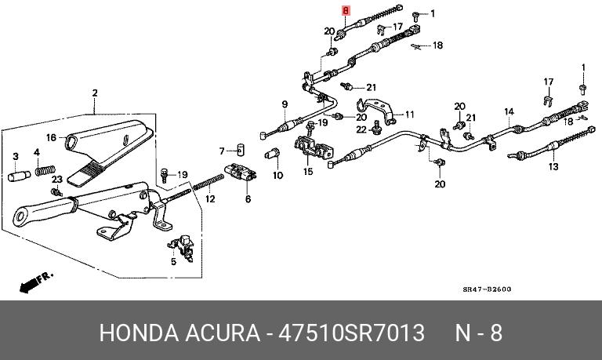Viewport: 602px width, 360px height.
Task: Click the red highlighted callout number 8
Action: click(x=343, y=12)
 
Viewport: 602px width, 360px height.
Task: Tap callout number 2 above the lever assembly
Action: click(x=94, y=94)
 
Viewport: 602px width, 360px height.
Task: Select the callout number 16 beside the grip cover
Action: click(x=51, y=137)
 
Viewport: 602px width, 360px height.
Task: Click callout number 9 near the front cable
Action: click(x=284, y=104)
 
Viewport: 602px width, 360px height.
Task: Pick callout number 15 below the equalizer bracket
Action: click(x=308, y=171)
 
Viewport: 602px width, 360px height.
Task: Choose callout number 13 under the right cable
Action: click(x=553, y=166)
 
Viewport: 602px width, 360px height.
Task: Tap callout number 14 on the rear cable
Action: click(x=509, y=111)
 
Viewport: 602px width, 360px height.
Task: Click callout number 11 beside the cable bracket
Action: click(x=409, y=115)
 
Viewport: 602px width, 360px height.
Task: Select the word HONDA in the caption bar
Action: click(x=134, y=333)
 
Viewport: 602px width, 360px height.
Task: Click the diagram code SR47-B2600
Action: click(x=486, y=289)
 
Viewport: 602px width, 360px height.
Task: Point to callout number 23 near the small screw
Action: click(x=56, y=180)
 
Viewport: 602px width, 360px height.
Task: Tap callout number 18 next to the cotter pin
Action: click(x=437, y=45)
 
